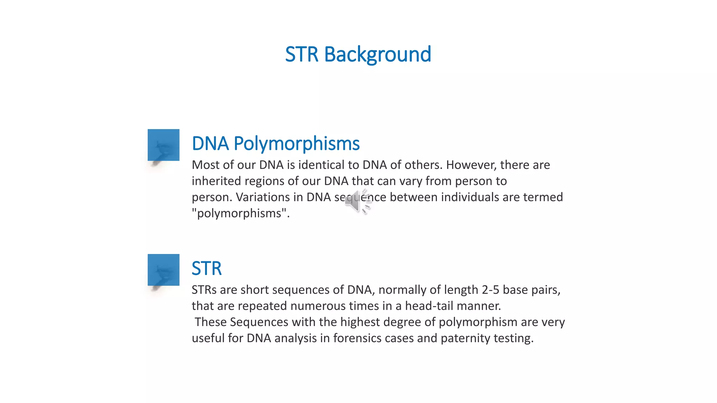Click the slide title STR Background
tap(358, 55)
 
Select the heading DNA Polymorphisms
tap(276, 143)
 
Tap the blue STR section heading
tap(207, 268)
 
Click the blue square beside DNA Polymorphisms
tap(163, 145)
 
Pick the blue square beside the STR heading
tap(163, 270)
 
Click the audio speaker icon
tap(357, 201)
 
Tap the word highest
tap(360, 322)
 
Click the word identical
tap(321, 165)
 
